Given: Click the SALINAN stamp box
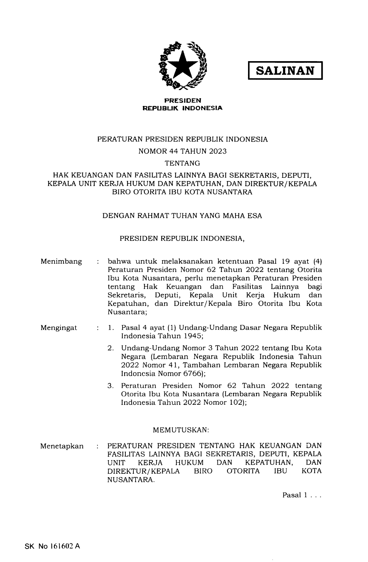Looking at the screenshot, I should [285, 70].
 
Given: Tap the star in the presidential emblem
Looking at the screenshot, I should [182, 65].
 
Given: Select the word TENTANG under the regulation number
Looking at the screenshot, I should [182, 163].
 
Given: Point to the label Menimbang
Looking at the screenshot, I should [61, 261].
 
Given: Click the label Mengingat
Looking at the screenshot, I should [59, 328].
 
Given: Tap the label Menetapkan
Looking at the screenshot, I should [62, 446].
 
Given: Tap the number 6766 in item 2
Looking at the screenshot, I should [192, 374].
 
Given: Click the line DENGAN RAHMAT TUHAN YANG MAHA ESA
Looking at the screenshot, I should [182, 216].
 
